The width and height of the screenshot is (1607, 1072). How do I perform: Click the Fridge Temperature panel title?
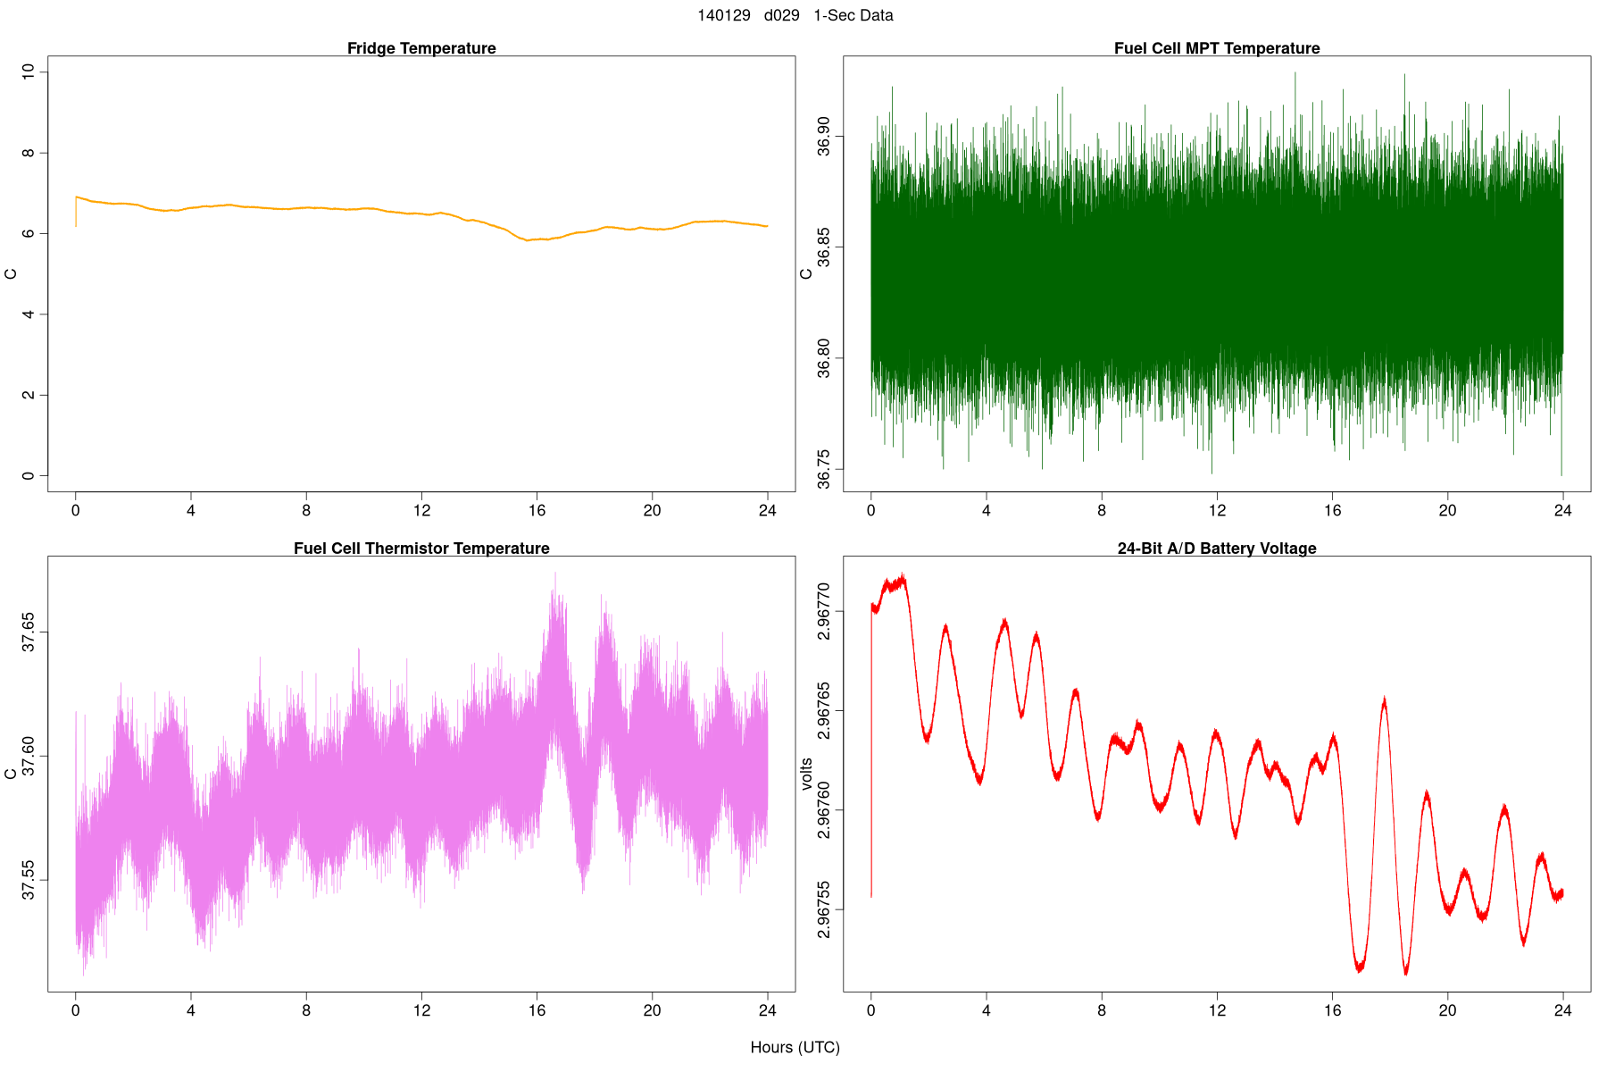tap(421, 48)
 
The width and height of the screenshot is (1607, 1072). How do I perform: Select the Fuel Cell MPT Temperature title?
tap(1217, 48)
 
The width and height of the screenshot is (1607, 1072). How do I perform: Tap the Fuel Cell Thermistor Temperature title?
tap(421, 549)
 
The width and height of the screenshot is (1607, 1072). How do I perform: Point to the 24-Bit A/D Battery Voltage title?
tap(1217, 549)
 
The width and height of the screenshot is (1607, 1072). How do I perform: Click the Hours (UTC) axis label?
tap(795, 1047)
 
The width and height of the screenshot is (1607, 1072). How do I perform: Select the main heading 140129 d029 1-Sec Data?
tap(795, 15)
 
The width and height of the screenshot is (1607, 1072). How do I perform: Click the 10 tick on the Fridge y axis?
tap(29, 71)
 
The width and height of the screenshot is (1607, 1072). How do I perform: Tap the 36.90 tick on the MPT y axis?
tap(823, 135)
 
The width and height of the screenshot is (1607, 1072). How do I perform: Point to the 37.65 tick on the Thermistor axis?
tap(29, 632)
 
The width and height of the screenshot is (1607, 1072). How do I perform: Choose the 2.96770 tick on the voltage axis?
tap(823, 612)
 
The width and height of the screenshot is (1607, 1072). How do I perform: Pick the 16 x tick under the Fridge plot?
tap(537, 511)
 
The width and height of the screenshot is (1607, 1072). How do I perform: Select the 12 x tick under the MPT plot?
tap(1217, 511)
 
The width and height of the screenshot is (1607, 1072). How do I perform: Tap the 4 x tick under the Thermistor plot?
tap(191, 1010)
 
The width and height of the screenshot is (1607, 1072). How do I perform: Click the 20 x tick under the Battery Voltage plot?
tap(1447, 1010)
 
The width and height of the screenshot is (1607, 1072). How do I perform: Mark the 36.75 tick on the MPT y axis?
tap(823, 470)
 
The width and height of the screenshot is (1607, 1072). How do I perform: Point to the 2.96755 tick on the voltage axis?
tap(823, 910)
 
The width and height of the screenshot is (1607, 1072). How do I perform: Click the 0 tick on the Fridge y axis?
tap(29, 476)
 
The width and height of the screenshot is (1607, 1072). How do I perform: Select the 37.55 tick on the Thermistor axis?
tap(29, 880)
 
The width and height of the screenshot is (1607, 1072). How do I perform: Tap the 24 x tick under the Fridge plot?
tap(767, 511)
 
